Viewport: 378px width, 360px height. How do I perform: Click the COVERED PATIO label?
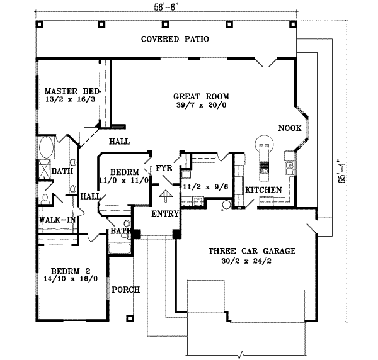pyautogui.click(x=175, y=39)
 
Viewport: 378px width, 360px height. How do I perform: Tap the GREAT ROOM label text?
pyautogui.click(x=201, y=96)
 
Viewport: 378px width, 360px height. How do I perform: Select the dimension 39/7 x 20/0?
pyautogui.click(x=201, y=106)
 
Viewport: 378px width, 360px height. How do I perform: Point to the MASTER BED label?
pyautogui.click(x=72, y=91)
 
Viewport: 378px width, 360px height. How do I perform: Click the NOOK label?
pyautogui.click(x=288, y=128)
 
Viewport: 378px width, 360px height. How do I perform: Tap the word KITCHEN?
pyautogui.click(x=263, y=189)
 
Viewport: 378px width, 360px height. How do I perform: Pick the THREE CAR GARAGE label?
pyautogui.click(x=252, y=250)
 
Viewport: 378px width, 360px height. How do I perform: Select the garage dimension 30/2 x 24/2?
pyautogui.click(x=252, y=260)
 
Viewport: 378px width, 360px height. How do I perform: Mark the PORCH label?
pyautogui.click(x=125, y=290)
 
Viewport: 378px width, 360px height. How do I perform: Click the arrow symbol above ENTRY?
pyautogui.click(x=165, y=196)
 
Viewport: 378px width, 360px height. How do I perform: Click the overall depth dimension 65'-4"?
pyautogui.click(x=341, y=171)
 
